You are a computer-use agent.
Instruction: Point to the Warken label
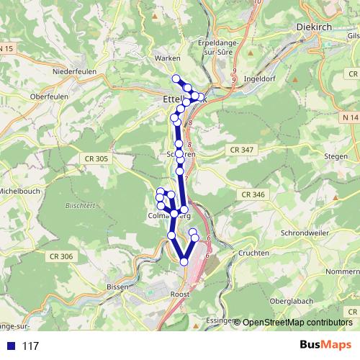pos(167,58)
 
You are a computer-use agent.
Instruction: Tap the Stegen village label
pos(336,153)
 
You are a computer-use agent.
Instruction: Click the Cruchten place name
pos(253,253)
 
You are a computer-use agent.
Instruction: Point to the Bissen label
pos(116,286)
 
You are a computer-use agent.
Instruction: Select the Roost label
pos(181,294)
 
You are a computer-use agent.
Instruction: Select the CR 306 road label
pos(62,256)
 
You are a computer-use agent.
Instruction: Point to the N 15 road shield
pos(6,48)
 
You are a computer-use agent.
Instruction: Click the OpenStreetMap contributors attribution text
pos(297,322)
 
